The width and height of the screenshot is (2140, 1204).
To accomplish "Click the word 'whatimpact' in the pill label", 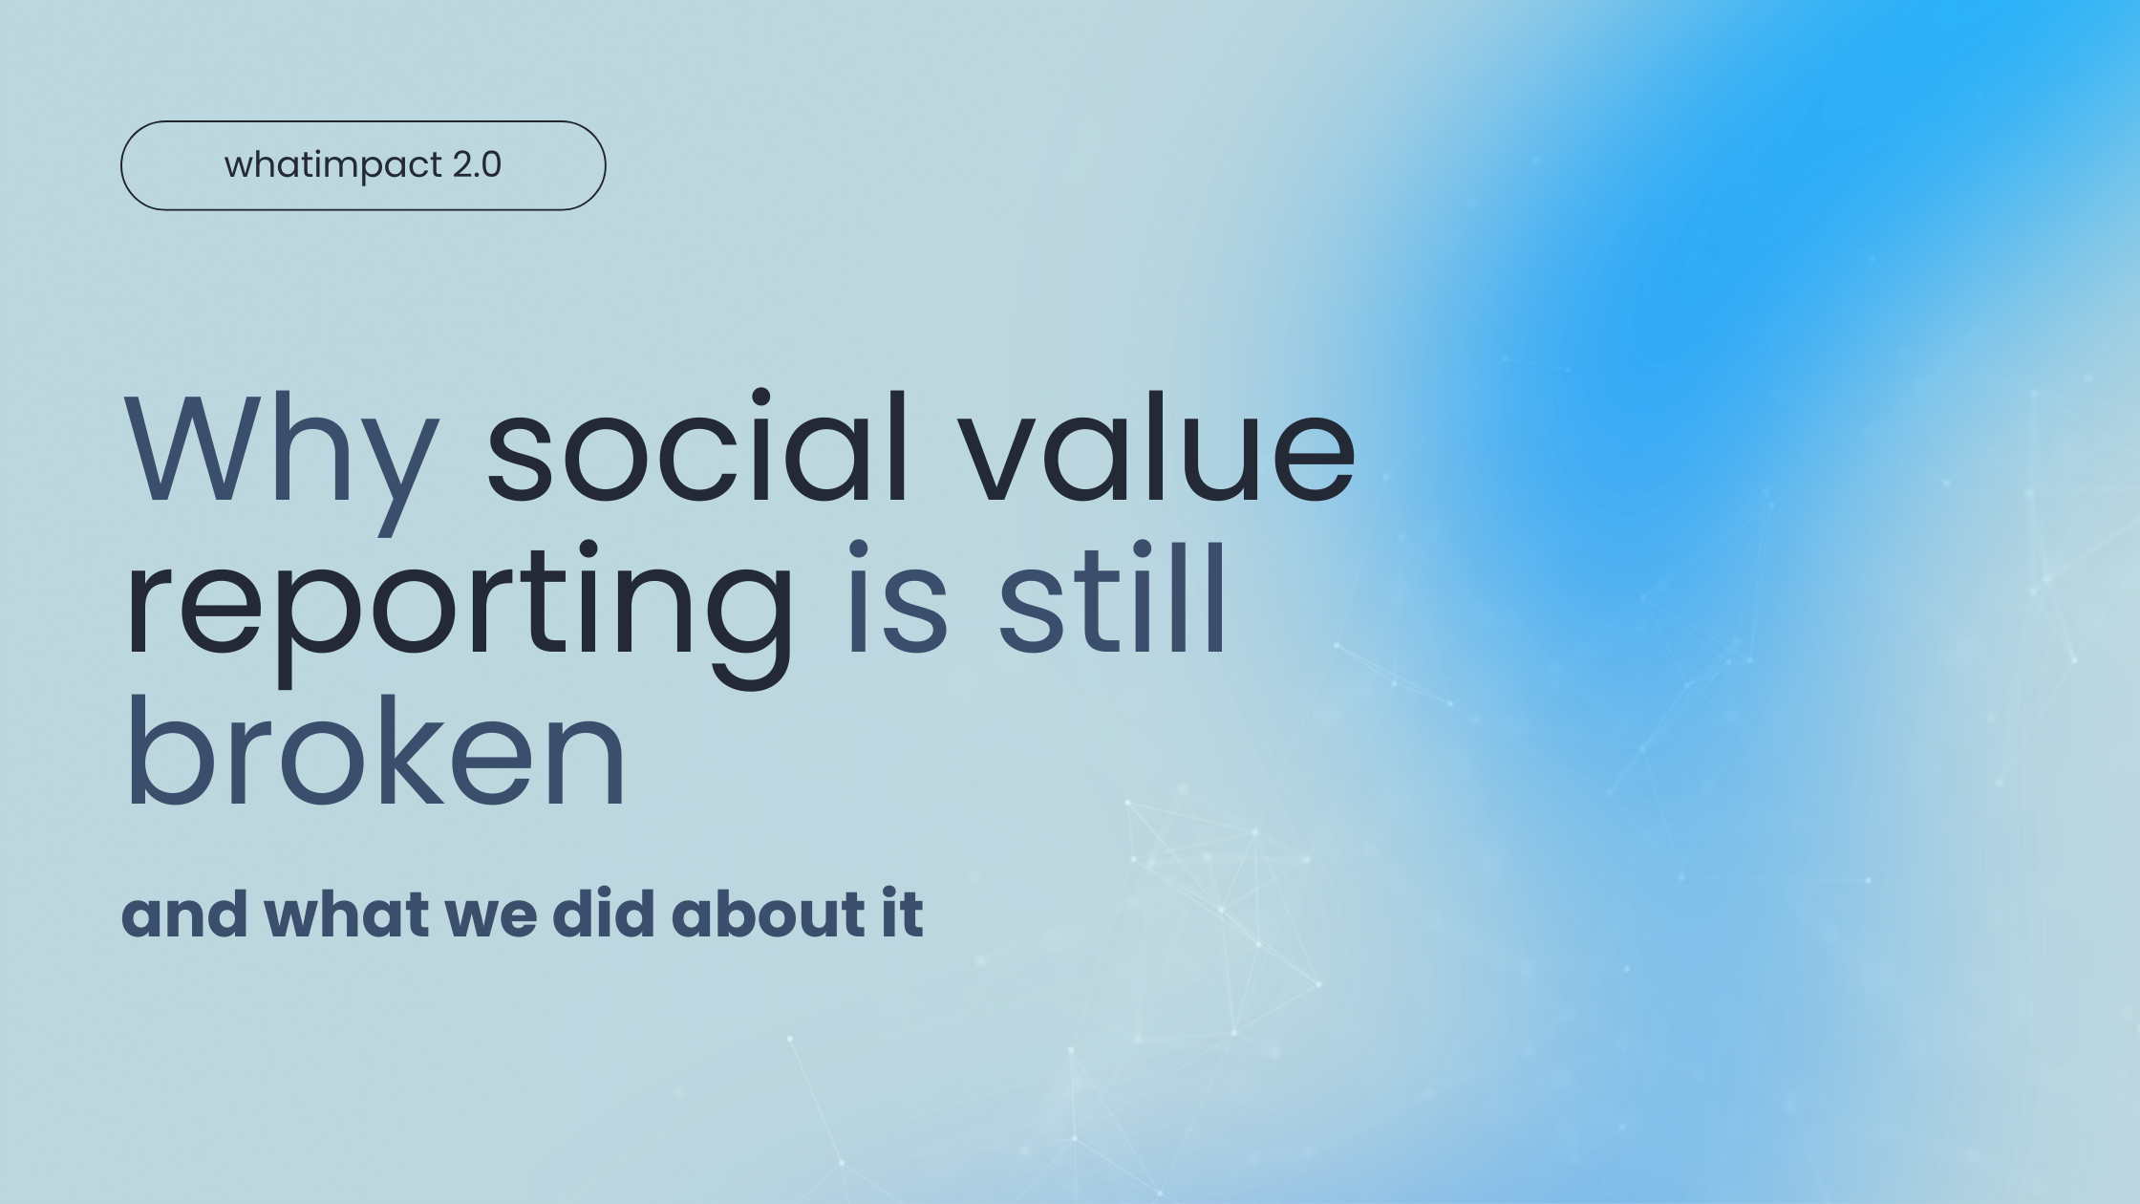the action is click(x=333, y=165).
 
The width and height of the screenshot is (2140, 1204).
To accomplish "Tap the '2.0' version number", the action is click(x=477, y=164).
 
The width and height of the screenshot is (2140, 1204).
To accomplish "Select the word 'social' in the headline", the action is click(x=697, y=445).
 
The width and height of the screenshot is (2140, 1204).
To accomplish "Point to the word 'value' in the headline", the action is click(x=1159, y=445).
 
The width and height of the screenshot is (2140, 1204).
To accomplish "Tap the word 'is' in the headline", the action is click(x=897, y=598).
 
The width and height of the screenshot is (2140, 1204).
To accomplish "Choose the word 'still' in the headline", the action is click(x=1112, y=598).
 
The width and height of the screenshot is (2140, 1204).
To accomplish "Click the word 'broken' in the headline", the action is click(x=375, y=751).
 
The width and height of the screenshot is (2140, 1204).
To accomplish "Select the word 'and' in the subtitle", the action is click(x=184, y=914).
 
